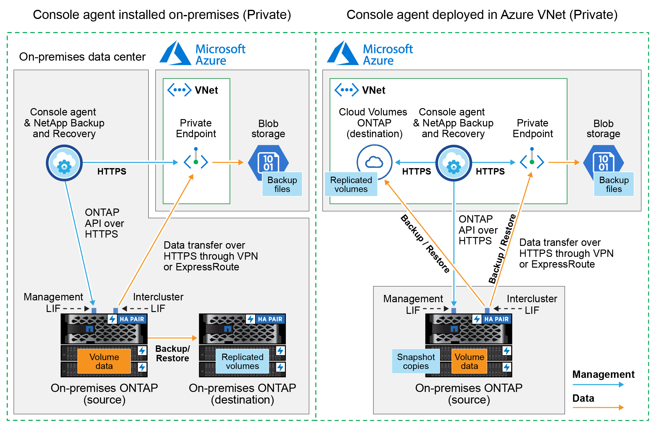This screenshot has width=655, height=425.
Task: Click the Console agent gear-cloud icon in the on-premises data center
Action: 64,163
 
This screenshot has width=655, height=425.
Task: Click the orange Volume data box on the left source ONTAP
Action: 104,361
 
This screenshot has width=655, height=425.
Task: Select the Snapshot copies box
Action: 416,361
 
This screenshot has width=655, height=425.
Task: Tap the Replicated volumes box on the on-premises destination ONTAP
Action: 242,361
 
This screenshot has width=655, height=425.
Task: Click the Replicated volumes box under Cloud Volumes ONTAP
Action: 351,184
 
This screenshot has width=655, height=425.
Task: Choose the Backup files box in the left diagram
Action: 282,184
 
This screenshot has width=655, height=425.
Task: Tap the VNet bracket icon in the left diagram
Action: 179,90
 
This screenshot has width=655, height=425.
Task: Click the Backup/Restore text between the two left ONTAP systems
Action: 172,353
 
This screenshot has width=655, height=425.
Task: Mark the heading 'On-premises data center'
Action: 82,57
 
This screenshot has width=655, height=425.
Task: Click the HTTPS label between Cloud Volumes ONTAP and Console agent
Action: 416,171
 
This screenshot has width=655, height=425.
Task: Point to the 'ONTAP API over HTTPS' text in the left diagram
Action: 104,223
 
